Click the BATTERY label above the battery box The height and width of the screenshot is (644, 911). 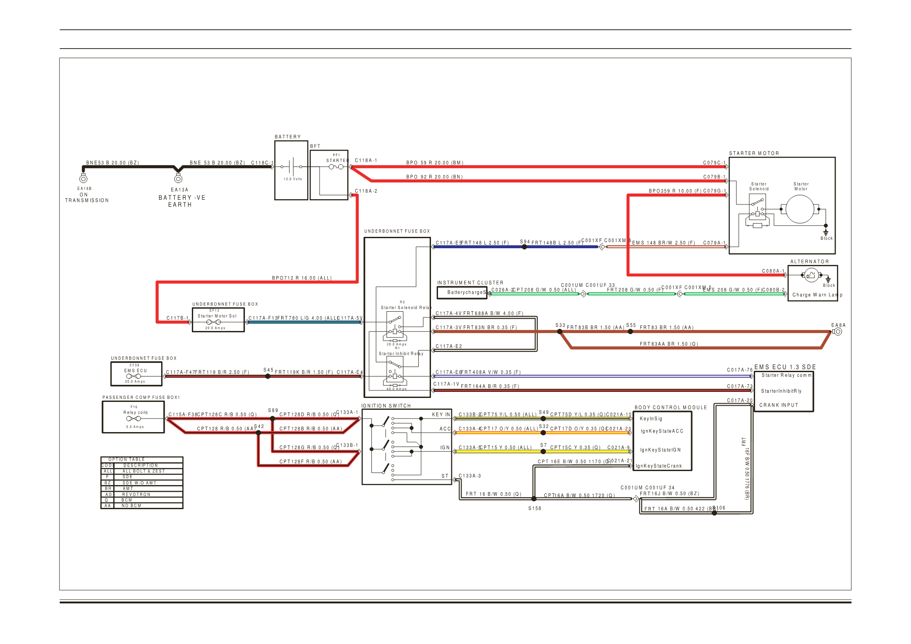[288, 137]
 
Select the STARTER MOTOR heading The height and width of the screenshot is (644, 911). [754, 154]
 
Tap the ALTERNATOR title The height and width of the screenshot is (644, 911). [809, 262]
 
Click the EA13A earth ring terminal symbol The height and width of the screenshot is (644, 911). [178, 179]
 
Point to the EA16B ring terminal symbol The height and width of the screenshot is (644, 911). [83, 179]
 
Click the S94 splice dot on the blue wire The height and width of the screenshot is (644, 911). [524, 247]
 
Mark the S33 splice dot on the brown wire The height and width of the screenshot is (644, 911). [560, 332]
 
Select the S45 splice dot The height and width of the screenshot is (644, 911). [268, 376]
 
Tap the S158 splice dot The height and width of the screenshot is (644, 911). [534, 499]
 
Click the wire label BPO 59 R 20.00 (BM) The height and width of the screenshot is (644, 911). [434, 163]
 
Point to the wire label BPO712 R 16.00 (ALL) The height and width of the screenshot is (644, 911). [302, 278]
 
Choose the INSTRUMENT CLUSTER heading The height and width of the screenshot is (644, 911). [470, 283]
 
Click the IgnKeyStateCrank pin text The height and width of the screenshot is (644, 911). [659, 466]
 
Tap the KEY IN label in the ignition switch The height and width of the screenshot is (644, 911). [441, 415]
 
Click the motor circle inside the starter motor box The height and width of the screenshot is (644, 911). [800, 209]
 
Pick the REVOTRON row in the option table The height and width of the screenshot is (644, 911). [136, 494]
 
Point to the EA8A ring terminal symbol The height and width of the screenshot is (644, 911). [837, 332]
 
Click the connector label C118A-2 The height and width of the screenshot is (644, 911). [366, 191]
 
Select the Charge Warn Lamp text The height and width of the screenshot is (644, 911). [817, 295]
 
